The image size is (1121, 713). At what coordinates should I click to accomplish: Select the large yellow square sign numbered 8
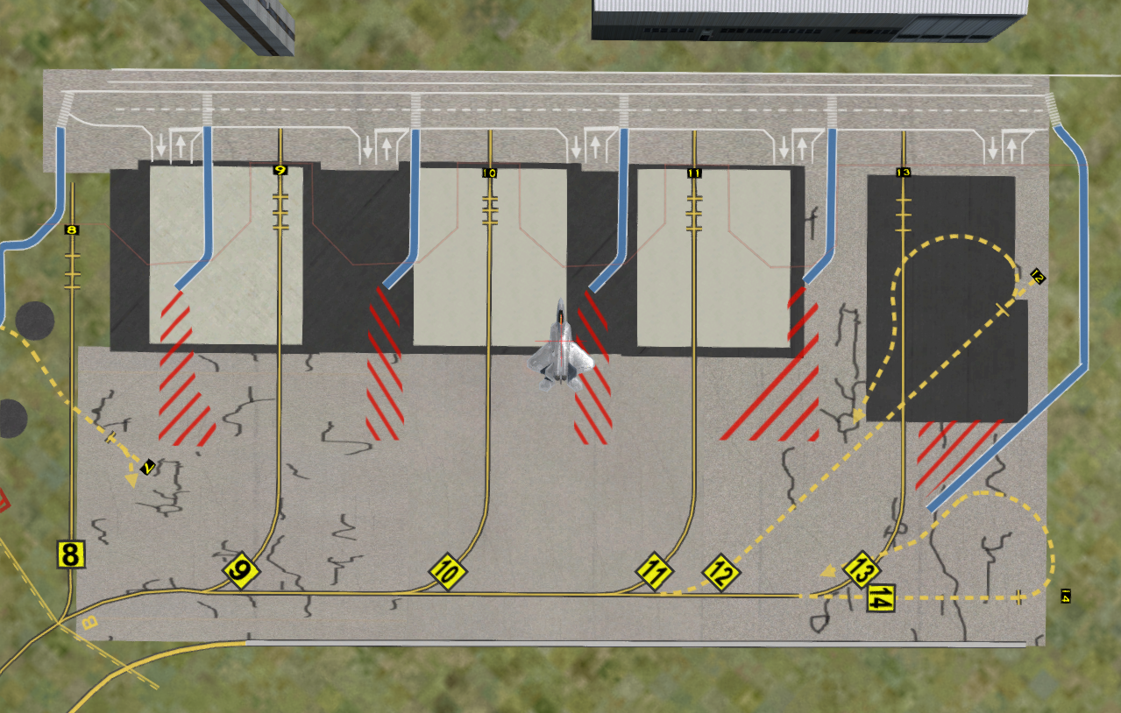coord(71,554)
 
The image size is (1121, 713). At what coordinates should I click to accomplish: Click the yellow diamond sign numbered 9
coord(241,572)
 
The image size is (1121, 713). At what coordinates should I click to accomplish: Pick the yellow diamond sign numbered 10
coord(447,573)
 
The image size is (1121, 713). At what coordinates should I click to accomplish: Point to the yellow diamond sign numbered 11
coord(654,573)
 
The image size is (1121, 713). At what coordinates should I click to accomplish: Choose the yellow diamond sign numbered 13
coord(861,570)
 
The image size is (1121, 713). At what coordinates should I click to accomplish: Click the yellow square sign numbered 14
coord(882,598)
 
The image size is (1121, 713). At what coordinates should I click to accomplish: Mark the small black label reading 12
coord(1038,277)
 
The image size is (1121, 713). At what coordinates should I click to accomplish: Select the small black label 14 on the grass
coord(1066,597)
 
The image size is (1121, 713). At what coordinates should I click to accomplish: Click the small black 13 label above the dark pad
coord(904,173)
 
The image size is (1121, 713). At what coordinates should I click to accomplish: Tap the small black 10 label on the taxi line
coord(490,173)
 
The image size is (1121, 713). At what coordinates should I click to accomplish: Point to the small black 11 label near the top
coord(694,173)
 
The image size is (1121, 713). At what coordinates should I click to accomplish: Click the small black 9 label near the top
coord(280,170)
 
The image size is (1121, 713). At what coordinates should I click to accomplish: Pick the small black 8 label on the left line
coord(72,230)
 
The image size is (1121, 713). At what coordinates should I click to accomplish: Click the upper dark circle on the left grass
coord(35,321)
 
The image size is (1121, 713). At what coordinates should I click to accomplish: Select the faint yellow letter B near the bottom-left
coord(88,624)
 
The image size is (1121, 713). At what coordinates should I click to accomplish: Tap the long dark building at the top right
coord(808,19)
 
